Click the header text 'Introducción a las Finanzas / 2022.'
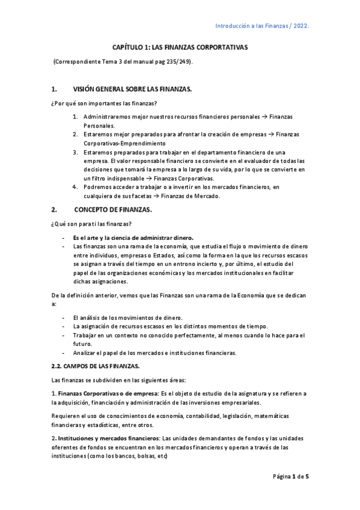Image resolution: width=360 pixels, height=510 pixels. coord(262,26)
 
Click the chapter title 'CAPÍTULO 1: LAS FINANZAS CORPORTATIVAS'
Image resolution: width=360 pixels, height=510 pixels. coord(180,48)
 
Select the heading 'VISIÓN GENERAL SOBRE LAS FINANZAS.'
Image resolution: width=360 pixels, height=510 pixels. coord(132,89)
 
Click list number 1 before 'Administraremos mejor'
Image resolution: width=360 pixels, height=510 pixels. coord(75,115)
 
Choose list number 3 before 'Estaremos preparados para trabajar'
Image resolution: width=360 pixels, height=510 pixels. coord(75,152)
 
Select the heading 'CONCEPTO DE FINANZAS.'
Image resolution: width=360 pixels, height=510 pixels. coord(113,210)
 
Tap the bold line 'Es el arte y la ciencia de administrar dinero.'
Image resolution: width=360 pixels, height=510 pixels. coord(137,237)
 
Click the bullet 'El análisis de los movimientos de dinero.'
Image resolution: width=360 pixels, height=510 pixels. coord(127,317)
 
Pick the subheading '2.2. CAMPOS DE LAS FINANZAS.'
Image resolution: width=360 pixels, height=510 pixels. coord(96,366)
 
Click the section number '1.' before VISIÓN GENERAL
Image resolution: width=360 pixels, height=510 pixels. coord(54,89)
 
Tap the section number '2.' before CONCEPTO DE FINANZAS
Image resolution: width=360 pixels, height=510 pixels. coord(54,210)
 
